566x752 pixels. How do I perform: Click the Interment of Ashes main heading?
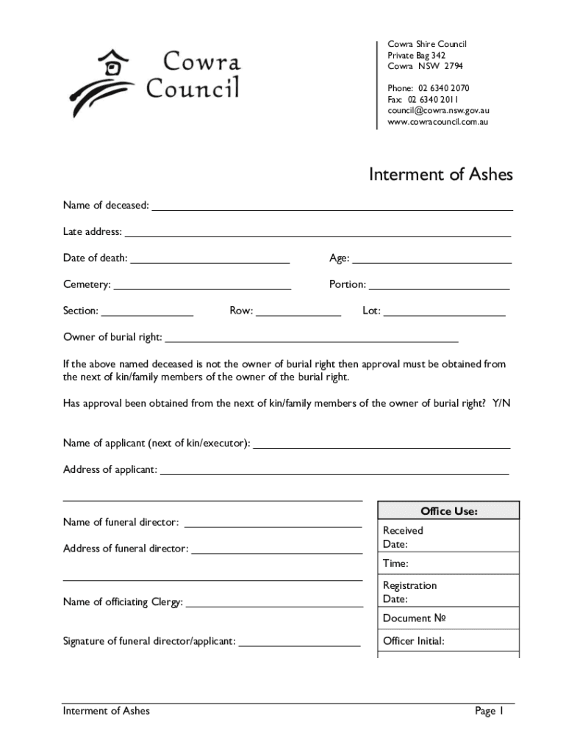coord(440,175)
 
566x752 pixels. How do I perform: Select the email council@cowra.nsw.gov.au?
coord(438,110)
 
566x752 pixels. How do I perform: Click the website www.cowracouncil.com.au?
coord(437,121)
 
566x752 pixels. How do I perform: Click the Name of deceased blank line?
coord(332,209)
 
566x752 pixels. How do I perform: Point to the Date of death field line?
coord(210,262)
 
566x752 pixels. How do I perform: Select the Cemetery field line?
coord(203,289)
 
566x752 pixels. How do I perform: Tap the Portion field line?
coord(439,289)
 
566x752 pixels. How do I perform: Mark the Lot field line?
coord(445,315)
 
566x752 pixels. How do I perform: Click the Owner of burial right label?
coord(112,338)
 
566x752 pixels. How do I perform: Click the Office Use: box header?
coord(448,510)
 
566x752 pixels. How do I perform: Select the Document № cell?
coord(415,619)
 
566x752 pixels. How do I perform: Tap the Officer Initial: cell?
coord(414,641)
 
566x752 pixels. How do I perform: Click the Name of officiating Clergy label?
coord(123,602)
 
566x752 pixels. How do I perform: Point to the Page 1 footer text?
coord(489,711)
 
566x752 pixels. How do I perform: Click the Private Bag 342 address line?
coord(417,55)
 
